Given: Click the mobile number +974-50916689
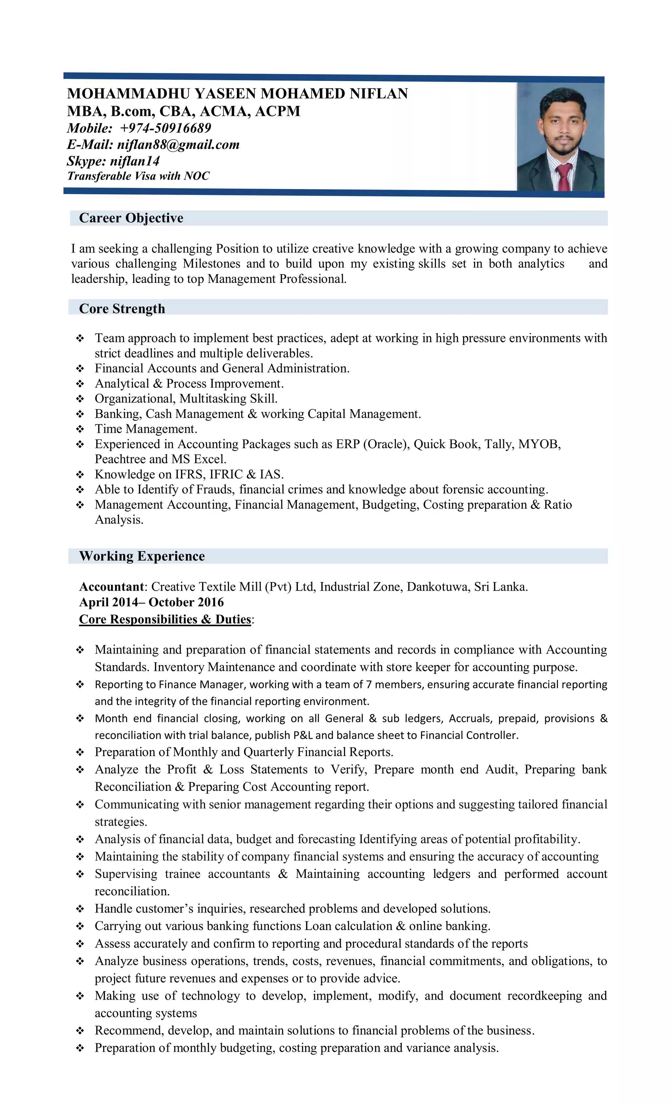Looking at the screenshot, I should click(165, 128).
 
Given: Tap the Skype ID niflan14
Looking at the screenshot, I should click(135, 161).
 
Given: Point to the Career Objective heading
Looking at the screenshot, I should click(131, 218).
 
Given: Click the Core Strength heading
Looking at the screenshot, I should click(122, 309).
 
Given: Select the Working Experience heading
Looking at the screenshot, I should click(142, 556).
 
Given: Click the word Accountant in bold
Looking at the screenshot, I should click(112, 587).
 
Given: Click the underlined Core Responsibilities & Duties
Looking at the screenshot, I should click(165, 619).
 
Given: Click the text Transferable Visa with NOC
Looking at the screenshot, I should click(138, 176).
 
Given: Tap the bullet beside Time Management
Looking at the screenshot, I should click(80, 429).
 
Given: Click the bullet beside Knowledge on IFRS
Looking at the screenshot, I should click(80, 474).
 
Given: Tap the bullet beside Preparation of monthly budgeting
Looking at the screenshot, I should click(80, 1048).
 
